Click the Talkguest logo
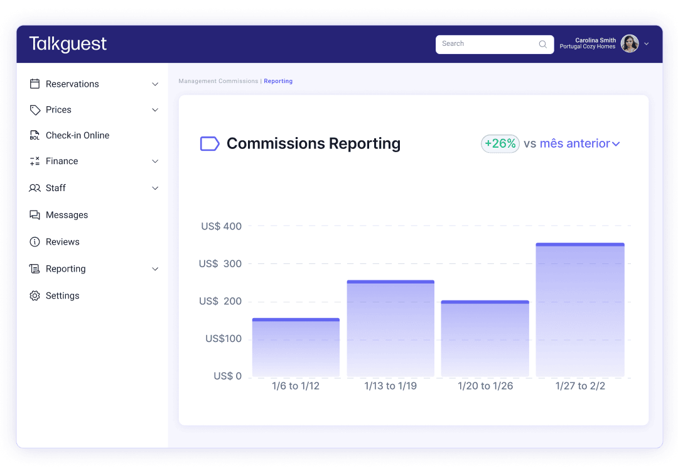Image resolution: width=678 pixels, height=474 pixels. coord(68,44)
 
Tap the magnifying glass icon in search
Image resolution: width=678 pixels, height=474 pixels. coord(543,44)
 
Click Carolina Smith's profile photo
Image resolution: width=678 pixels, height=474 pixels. coord(630,43)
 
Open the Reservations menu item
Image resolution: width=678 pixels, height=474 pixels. coord(72,84)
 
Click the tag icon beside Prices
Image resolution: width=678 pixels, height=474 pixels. coord(35,110)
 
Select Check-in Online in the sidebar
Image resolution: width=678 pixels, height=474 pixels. coord(77,135)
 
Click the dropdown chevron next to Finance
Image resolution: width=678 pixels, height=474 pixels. coord(155,162)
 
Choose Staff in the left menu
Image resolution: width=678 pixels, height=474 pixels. coord(55,188)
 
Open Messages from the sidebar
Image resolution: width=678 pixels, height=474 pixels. coord(67,215)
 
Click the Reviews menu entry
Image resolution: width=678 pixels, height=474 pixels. coord(62,242)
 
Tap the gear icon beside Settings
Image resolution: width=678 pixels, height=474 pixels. coord(35,295)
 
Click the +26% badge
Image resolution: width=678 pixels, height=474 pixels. coord(500,143)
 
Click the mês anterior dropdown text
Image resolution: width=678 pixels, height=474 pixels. coord(575,143)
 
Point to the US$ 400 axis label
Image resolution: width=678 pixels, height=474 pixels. coord(221,226)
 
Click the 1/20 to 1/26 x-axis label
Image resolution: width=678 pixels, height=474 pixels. coord(485,386)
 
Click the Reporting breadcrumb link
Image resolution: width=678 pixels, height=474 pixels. coord(278,81)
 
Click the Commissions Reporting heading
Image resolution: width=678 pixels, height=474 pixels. coord(313,143)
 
